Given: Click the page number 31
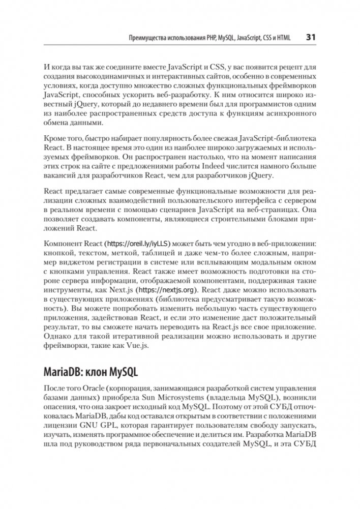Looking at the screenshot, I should pyautogui.click(x=311, y=37).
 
